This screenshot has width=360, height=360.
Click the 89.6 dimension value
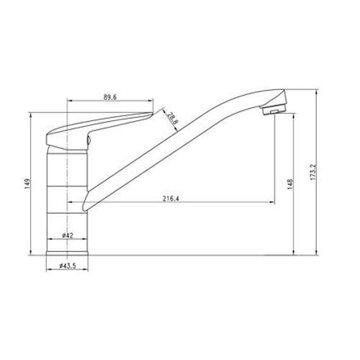110,97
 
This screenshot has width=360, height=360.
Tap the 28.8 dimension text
173,118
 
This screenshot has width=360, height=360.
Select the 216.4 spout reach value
171,199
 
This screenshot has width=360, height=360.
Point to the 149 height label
27,184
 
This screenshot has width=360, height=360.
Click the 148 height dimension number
290,184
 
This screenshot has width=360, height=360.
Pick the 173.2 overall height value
313,172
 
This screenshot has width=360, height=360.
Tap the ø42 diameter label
68,235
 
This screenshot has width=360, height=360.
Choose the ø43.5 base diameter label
68,266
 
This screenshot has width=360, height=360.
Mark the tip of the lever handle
153,112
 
